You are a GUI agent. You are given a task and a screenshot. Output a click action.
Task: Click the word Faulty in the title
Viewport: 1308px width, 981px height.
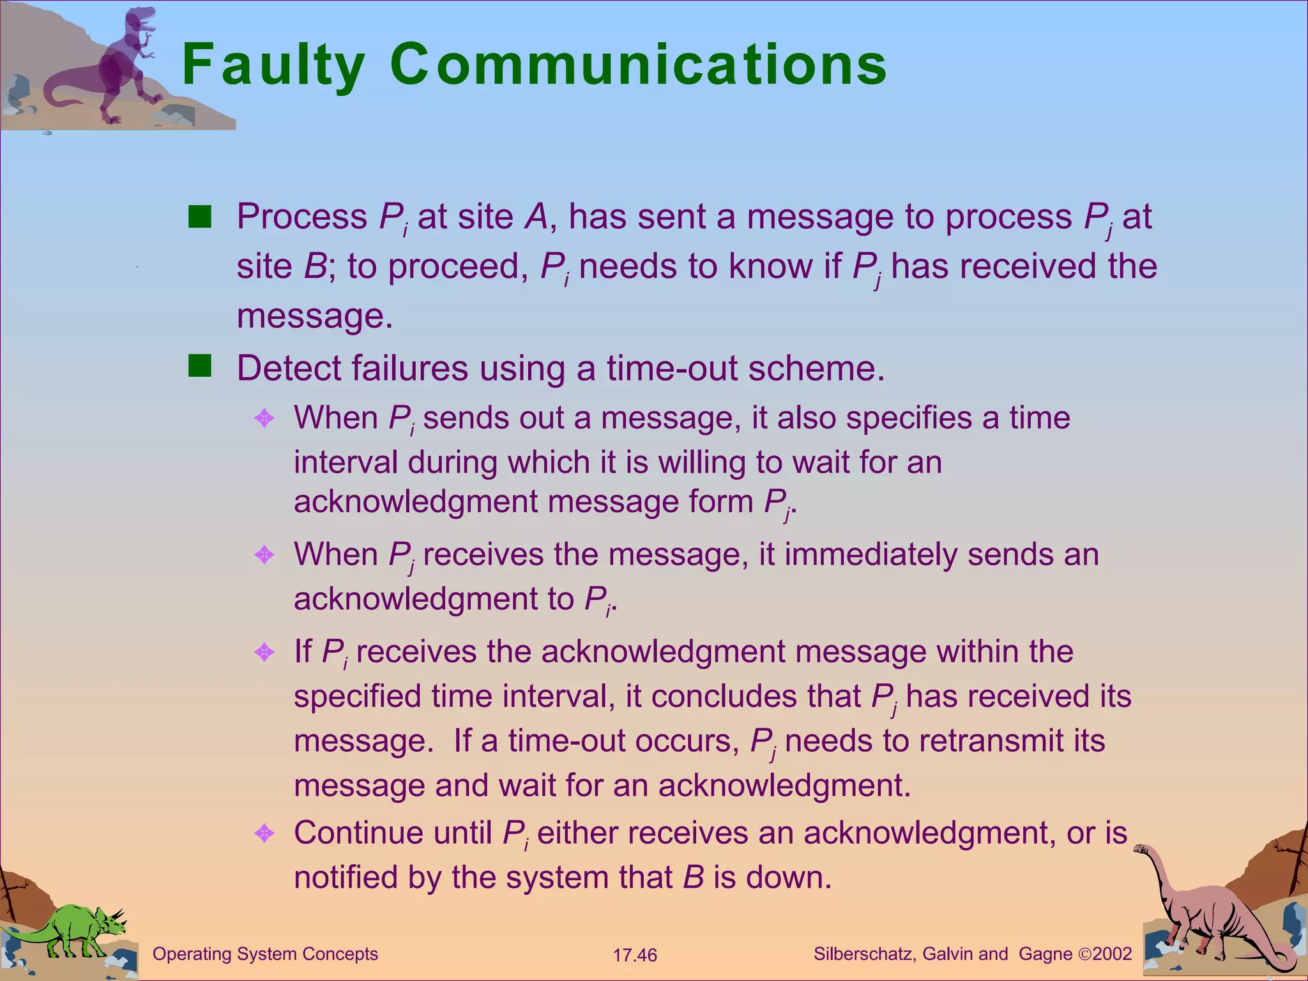point(273,65)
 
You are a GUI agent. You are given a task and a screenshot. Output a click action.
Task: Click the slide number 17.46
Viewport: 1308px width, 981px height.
point(635,955)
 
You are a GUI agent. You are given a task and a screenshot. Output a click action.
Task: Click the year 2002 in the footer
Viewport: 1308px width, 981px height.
point(1112,954)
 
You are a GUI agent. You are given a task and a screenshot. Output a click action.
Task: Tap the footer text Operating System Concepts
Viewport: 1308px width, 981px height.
point(265,954)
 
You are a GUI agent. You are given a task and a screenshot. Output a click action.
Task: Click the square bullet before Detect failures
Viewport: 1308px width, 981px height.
point(200,367)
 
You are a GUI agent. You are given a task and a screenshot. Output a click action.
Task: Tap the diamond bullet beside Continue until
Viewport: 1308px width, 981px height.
point(264,833)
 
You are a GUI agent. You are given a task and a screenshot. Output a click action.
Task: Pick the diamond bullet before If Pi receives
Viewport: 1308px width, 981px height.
point(264,652)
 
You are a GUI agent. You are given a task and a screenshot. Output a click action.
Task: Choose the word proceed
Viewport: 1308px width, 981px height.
point(459,267)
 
